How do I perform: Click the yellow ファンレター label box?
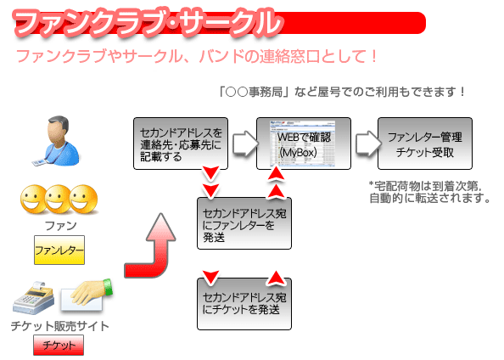pyautogui.click(x=59, y=250)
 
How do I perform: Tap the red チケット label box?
pyautogui.click(x=59, y=345)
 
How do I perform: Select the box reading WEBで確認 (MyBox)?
pyautogui.click(x=304, y=143)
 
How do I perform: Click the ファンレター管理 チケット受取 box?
pyautogui.click(x=425, y=143)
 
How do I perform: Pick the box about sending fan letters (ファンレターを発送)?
pyautogui.click(x=244, y=223)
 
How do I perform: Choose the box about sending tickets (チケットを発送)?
pyautogui.click(x=244, y=304)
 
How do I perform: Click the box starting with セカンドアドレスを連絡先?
pyautogui.click(x=181, y=143)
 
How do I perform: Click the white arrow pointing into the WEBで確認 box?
pyautogui.click(x=245, y=143)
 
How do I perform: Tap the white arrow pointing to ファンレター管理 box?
pyautogui.click(x=368, y=143)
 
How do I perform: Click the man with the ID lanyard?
pyautogui.click(x=58, y=141)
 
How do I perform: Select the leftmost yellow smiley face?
pyautogui.click(x=32, y=199)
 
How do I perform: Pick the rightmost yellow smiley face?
pyautogui.click(x=83, y=199)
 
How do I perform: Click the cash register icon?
pyautogui.click(x=33, y=298)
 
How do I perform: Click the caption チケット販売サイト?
pyautogui.click(x=59, y=326)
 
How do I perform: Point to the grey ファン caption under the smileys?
pyautogui.click(x=61, y=226)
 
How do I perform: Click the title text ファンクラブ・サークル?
pyautogui.click(x=148, y=23)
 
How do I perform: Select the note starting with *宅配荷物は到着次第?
pyautogui.click(x=429, y=192)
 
